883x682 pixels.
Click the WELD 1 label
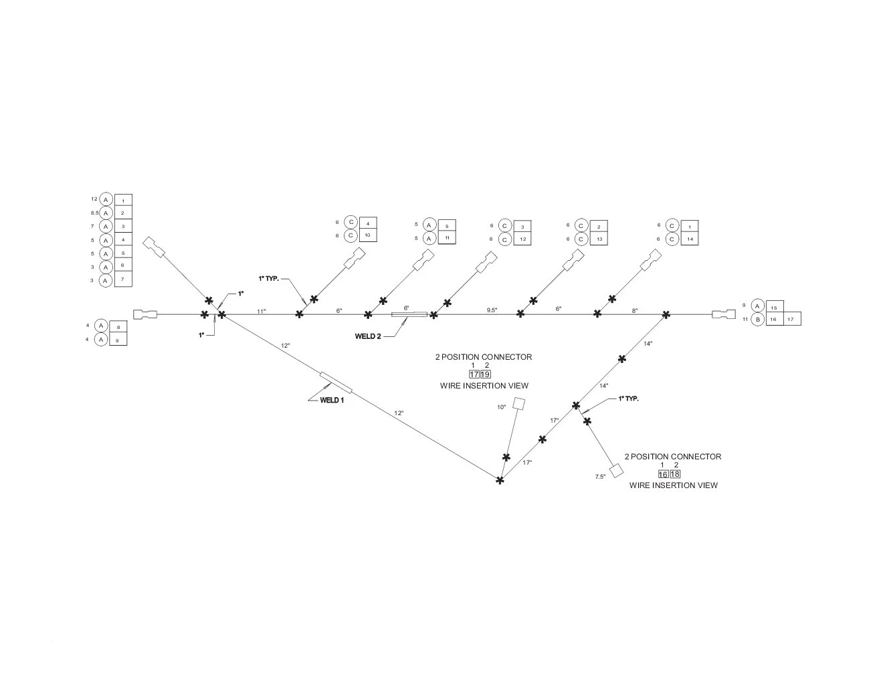click(x=332, y=400)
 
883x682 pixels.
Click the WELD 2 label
click(x=368, y=336)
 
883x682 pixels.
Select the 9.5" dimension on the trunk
click(x=492, y=310)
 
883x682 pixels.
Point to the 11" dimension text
click(x=262, y=312)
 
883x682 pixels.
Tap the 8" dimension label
click(x=634, y=311)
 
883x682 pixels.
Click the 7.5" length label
click(x=600, y=477)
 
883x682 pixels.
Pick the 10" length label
click(x=502, y=407)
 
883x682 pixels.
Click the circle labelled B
click(x=757, y=319)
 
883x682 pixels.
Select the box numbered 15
click(x=775, y=307)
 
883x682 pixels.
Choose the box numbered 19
click(x=485, y=374)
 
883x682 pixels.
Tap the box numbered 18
click(x=675, y=474)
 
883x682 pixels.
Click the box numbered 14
click(x=690, y=239)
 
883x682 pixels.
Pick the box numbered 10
click(x=368, y=235)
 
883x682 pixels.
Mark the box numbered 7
click(x=123, y=279)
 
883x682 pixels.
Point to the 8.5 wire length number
click(x=94, y=213)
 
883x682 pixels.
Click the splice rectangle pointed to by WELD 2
click(x=409, y=314)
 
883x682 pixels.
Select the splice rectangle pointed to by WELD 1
click(x=336, y=382)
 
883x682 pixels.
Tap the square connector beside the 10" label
click(x=518, y=403)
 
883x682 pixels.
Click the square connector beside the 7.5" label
click(x=617, y=470)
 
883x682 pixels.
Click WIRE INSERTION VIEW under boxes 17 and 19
click(x=484, y=386)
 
